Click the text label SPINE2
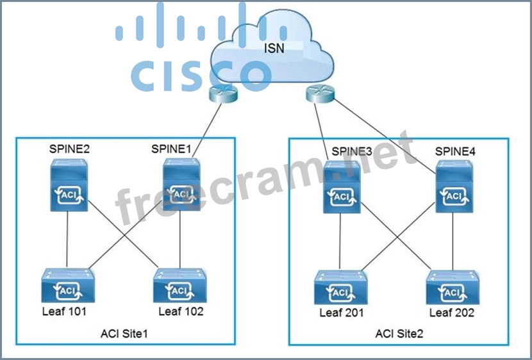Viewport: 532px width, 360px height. (x=69, y=149)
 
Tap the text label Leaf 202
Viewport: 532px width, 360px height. (x=453, y=313)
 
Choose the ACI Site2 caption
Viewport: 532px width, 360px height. (x=399, y=334)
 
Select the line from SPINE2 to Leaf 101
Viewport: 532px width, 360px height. (x=68, y=240)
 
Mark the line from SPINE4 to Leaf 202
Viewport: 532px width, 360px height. (x=453, y=240)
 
